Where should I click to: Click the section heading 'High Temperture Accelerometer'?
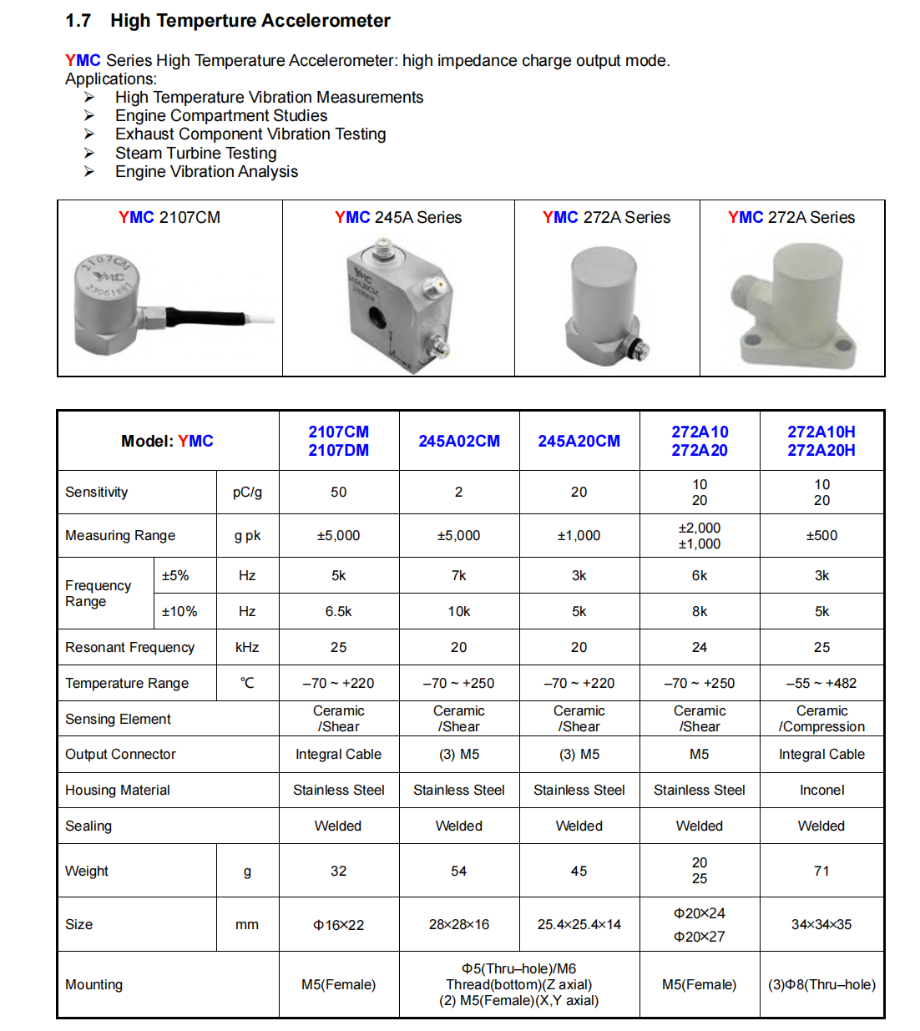point(250,21)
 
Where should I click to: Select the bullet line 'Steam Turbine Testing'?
point(195,153)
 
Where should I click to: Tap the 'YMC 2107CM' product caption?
point(169,217)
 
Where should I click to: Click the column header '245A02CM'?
point(459,441)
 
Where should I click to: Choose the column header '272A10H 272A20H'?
point(821,441)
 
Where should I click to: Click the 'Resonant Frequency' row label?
point(129,647)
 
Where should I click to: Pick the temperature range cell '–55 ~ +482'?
point(821,683)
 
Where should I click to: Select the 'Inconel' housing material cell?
point(821,790)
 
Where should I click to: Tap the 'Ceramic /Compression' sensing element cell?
point(821,718)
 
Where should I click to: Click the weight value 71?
point(821,871)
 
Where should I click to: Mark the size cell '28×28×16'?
point(459,924)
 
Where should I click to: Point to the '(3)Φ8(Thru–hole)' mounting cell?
point(821,984)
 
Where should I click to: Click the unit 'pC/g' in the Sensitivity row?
point(247,492)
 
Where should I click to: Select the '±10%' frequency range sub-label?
point(179,611)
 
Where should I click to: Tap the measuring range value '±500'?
point(821,535)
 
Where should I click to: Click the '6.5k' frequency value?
point(338,611)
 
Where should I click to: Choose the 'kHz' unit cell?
point(247,647)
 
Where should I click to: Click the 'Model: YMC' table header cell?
point(167,441)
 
